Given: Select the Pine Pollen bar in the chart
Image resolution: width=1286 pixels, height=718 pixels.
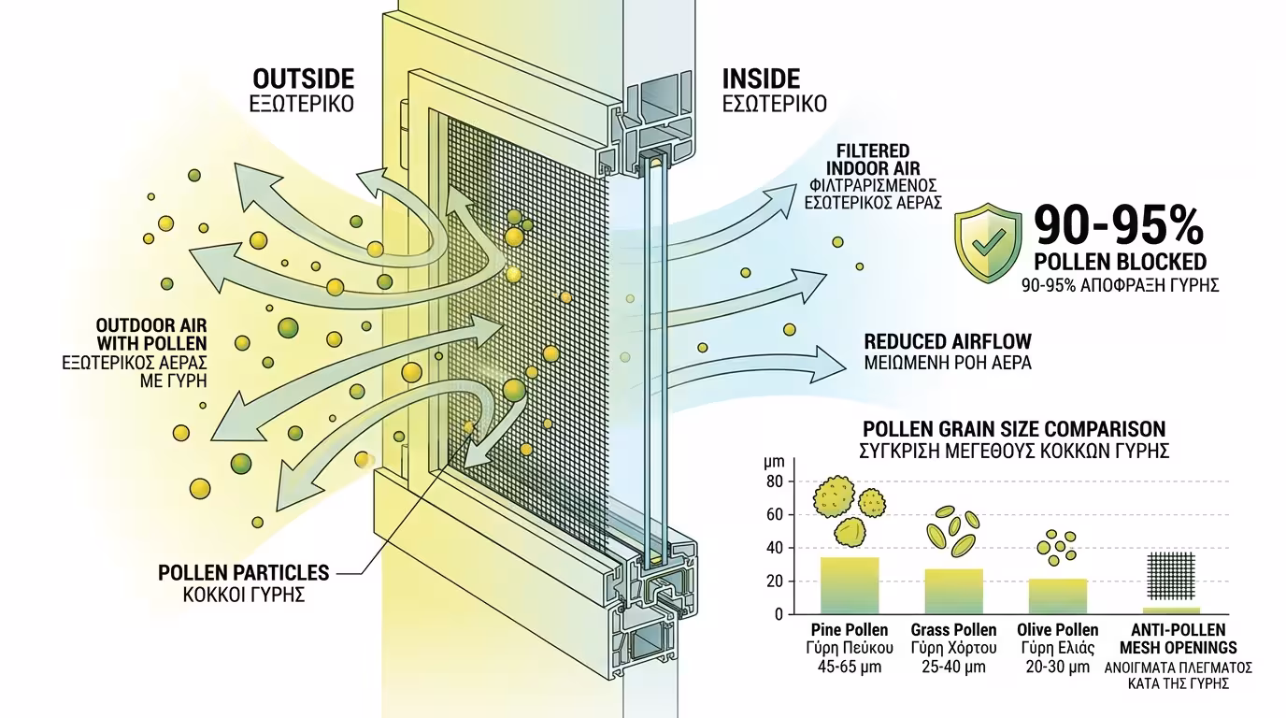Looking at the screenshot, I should click(850, 585).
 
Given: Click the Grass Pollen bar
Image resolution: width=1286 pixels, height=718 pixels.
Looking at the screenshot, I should click(953, 591).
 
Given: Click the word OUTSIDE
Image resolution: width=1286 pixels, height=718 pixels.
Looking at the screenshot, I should click(302, 79).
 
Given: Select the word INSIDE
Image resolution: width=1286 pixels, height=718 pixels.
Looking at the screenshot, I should click(762, 79).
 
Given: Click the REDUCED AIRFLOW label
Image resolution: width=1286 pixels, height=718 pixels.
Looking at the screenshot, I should click(948, 341).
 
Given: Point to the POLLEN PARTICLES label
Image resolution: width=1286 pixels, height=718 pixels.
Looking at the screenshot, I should click(244, 571).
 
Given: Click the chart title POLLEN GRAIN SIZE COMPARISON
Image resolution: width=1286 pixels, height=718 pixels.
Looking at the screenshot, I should click(1014, 429).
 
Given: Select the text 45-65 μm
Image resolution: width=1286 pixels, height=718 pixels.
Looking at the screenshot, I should click(850, 667).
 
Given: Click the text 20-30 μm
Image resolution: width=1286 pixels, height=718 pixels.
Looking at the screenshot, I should click(1057, 667).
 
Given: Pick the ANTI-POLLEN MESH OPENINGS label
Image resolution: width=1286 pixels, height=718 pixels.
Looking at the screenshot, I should click(1178, 639).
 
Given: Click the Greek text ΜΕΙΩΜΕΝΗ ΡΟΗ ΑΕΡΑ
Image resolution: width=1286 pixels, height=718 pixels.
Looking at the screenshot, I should click(948, 363).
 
